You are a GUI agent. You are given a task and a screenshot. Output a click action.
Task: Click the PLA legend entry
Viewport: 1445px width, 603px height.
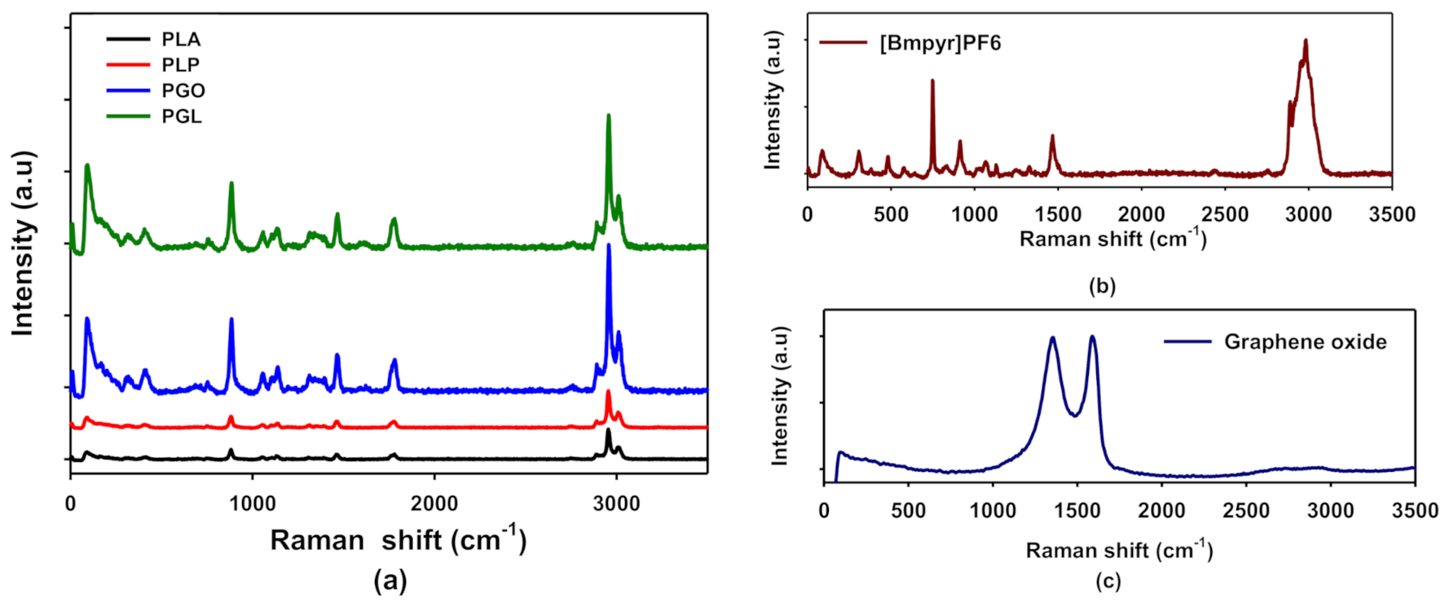(x=180, y=39)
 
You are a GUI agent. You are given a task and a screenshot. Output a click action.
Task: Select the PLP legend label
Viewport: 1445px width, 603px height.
(x=180, y=65)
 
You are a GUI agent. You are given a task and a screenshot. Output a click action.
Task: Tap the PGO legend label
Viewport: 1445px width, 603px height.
(x=183, y=90)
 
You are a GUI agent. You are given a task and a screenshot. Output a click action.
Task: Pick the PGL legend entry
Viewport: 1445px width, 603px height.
(x=181, y=117)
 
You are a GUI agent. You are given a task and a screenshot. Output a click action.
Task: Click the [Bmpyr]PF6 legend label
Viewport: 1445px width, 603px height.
(x=940, y=43)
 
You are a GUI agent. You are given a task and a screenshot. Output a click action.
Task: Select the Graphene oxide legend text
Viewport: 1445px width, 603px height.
(x=1305, y=342)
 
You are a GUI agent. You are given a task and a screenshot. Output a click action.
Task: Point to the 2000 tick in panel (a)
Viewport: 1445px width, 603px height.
(x=434, y=504)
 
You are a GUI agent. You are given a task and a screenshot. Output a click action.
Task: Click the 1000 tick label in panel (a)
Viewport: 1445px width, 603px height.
(x=252, y=504)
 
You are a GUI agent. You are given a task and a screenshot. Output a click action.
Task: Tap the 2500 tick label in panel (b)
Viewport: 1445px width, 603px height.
(x=1225, y=214)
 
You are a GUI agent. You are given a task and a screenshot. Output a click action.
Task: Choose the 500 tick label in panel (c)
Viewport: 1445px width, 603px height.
(x=908, y=511)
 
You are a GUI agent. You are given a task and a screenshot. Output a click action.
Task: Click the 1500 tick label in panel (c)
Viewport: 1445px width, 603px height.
(x=1077, y=511)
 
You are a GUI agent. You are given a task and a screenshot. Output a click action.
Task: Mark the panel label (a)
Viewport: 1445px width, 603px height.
(x=390, y=580)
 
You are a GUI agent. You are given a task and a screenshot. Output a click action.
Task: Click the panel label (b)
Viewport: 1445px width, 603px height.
(x=1101, y=286)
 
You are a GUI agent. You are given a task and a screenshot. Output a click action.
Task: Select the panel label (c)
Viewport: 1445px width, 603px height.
(x=1108, y=581)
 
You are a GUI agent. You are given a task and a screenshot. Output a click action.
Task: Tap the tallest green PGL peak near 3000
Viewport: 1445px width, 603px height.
(x=608, y=117)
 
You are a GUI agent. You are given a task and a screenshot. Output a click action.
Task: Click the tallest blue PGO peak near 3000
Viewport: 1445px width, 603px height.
(x=608, y=245)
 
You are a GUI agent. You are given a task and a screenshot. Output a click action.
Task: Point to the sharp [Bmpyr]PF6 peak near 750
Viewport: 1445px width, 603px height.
(x=932, y=81)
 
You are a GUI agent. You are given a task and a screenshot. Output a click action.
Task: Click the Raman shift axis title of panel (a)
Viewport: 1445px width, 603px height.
(x=398, y=539)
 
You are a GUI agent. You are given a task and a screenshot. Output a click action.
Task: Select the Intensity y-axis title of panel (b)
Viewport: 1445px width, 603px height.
(x=773, y=99)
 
